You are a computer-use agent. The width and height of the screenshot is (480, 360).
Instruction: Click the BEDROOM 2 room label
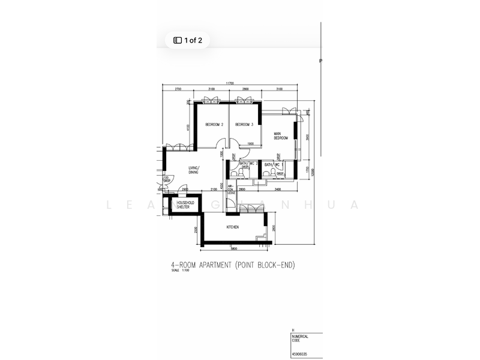tap(214, 125)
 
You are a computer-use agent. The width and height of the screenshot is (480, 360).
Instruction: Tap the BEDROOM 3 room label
tap(244, 125)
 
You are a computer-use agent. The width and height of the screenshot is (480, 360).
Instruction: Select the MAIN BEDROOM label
tap(281, 136)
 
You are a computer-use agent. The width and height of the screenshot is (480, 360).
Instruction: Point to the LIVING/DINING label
tap(194, 170)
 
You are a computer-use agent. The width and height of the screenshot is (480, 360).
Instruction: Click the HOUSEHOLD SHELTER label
tap(184, 206)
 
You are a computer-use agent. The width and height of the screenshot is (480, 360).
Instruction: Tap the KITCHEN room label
tap(233, 227)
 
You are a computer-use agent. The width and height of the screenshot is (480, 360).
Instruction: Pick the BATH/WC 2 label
tap(248, 163)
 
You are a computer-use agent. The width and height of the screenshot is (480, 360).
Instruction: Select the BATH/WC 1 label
tap(275, 163)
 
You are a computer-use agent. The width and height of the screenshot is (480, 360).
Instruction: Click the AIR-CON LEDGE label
tap(231, 189)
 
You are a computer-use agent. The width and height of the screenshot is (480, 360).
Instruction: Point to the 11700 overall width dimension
tap(230, 83)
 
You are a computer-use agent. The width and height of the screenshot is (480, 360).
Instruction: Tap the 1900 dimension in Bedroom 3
tap(250, 144)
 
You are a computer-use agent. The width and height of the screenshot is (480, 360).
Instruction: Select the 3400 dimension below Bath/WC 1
tap(278, 190)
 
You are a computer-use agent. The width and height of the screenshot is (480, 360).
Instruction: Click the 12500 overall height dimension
tap(313, 174)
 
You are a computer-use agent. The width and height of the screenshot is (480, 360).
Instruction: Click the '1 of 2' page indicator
tap(188, 41)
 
